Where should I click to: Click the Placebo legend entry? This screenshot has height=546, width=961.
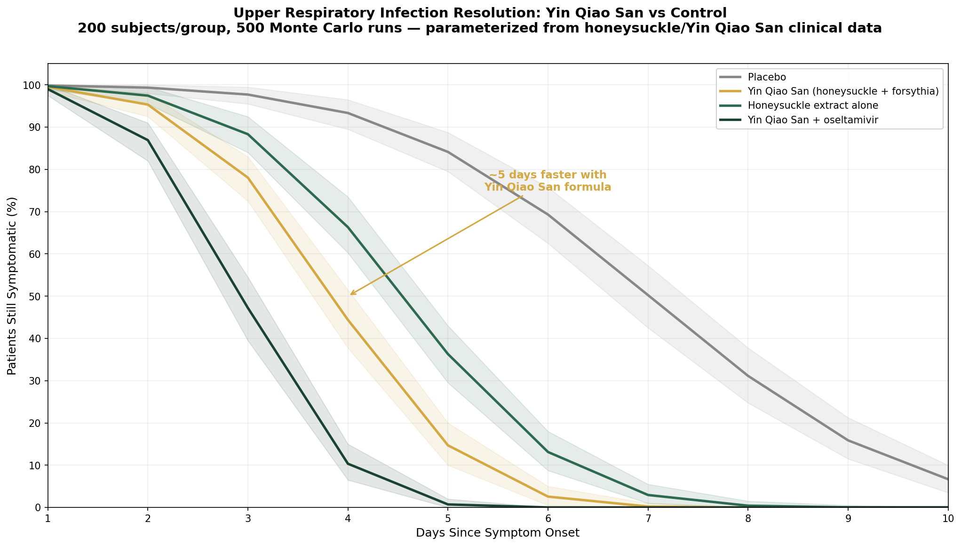pos(761,77)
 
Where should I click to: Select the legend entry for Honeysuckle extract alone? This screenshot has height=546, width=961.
pos(813,105)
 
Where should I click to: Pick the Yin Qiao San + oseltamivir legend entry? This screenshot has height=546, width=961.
pos(813,120)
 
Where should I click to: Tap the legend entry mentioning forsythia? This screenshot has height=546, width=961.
pos(843,91)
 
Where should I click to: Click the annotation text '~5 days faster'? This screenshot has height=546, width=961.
pos(548,175)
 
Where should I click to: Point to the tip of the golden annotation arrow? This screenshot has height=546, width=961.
pos(350,295)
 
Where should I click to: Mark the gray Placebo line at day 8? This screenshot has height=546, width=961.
pos(747,376)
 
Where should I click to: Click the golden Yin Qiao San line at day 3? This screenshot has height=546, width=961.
pos(248,178)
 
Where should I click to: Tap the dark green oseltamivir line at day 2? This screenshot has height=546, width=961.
pos(148,140)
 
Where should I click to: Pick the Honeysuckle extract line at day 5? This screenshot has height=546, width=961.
pos(448,354)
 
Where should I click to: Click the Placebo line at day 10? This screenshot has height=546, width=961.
pos(947,479)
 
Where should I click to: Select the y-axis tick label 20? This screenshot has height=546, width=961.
pos(35,423)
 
